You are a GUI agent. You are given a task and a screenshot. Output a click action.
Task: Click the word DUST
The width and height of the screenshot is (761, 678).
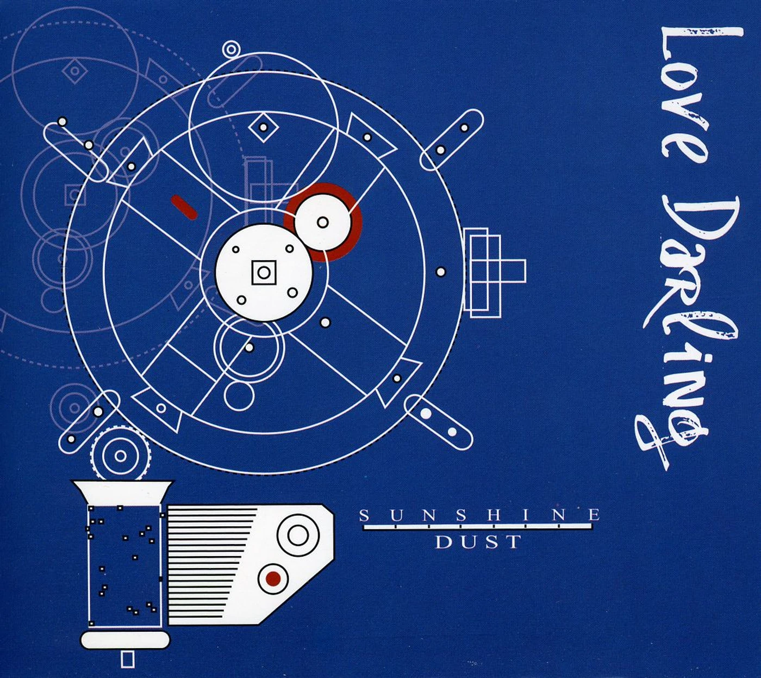point(478,542)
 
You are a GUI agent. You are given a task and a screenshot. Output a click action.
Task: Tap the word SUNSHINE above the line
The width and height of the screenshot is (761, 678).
point(479,515)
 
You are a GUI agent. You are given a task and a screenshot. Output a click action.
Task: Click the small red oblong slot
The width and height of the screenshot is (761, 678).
point(184,206)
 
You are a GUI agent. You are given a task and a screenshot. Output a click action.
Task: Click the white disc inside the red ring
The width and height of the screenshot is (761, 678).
point(323,222)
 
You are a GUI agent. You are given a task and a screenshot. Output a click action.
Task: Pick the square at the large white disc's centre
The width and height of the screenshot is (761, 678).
point(264,272)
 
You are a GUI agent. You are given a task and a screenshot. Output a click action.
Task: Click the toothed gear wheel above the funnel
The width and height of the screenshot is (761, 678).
point(120,456)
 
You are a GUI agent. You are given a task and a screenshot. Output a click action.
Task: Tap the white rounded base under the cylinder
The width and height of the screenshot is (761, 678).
point(125,639)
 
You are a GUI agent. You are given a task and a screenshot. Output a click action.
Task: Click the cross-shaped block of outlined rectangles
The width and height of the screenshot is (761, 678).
point(494,269)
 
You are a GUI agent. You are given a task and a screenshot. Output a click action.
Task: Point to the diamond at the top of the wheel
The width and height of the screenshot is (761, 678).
point(263,127)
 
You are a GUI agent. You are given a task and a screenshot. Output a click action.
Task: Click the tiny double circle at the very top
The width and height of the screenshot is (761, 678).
point(230,49)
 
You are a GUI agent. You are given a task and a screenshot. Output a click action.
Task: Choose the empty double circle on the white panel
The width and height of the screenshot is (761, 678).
point(298,535)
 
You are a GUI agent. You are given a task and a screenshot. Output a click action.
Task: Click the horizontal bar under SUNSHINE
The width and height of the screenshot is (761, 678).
point(479,528)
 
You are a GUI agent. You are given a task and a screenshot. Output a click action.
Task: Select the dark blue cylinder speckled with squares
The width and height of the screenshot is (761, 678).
point(126,568)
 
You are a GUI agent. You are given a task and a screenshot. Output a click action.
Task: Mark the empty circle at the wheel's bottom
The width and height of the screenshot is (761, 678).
point(239,396)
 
